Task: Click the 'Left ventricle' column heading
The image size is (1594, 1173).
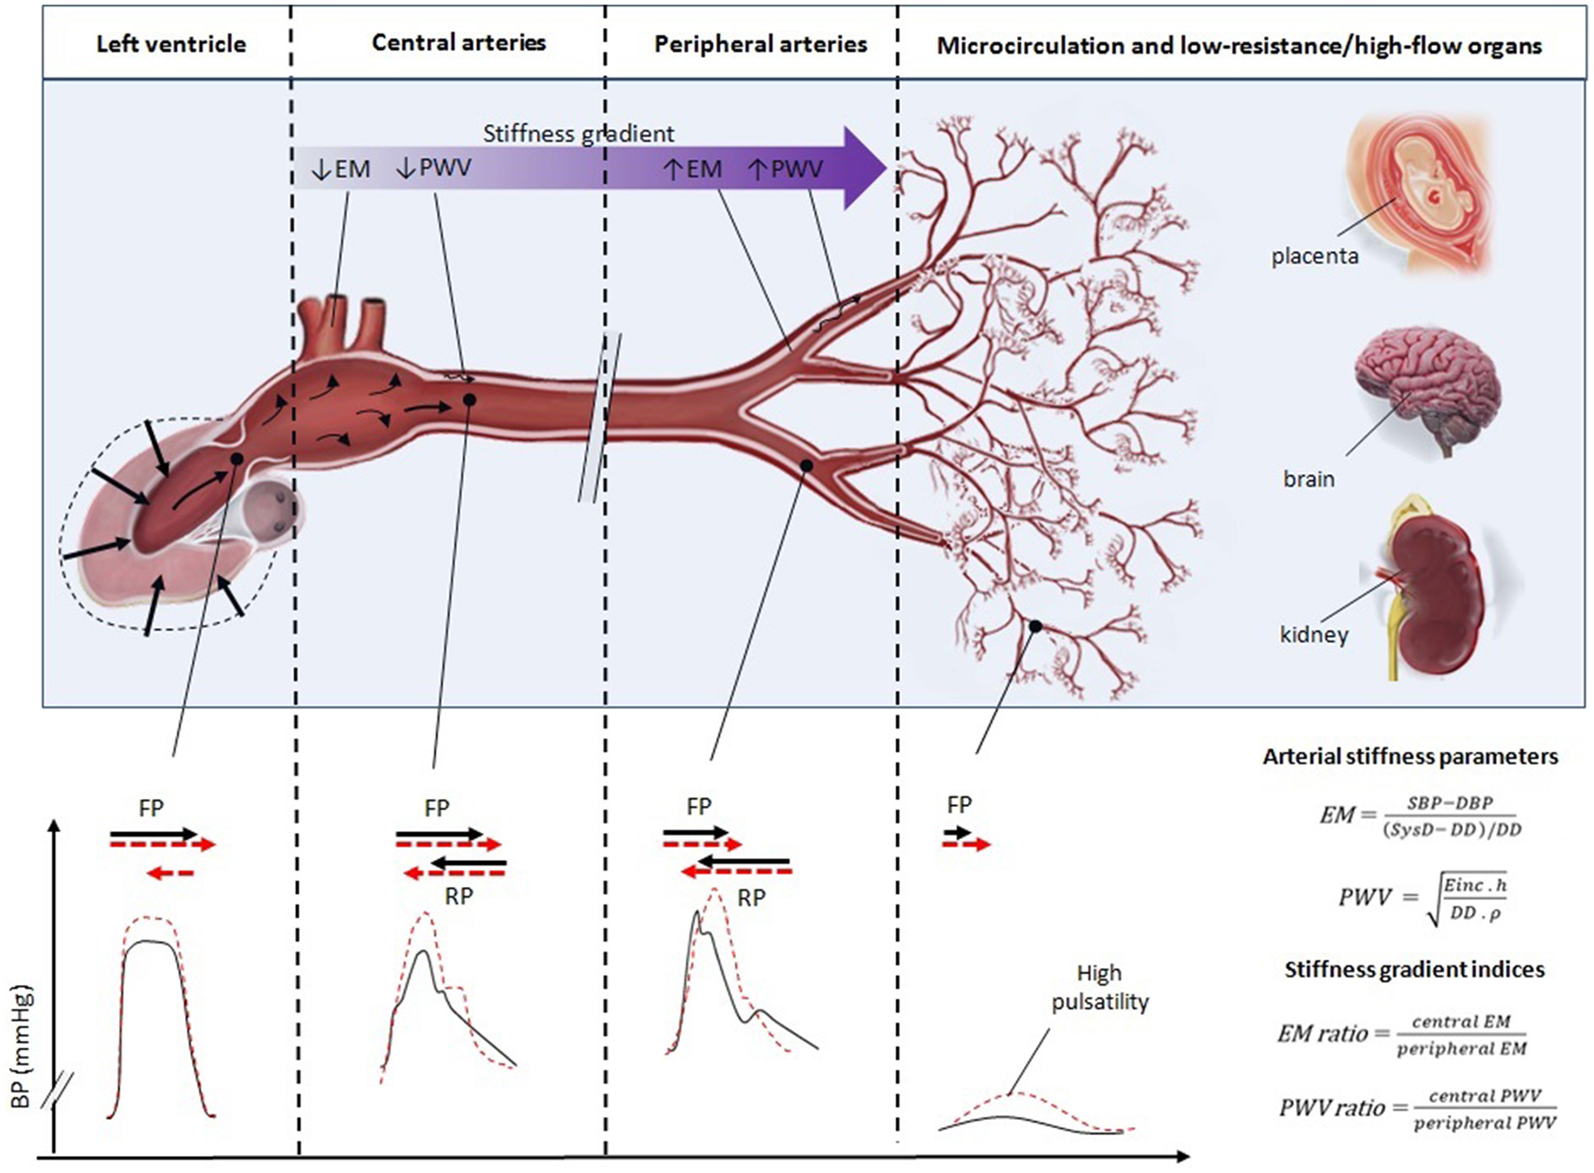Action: click(x=171, y=44)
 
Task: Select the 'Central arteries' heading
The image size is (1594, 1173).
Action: click(x=459, y=42)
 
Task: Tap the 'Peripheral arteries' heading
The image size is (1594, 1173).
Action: click(x=761, y=44)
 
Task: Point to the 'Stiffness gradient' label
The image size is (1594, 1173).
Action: click(x=578, y=134)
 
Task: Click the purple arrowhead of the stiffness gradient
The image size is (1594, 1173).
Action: click(x=865, y=168)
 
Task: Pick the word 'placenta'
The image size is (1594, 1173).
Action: click(x=1314, y=256)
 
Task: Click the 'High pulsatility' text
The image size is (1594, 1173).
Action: click(x=1099, y=988)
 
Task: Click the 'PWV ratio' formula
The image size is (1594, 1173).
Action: click(x=1418, y=1108)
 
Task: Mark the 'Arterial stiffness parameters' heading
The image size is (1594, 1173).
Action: click(x=1410, y=757)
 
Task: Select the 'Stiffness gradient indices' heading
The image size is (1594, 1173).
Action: click(x=1414, y=969)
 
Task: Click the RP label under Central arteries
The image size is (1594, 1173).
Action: click(x=459, y=896)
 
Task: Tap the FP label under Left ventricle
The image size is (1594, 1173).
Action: click(x=151, y=808)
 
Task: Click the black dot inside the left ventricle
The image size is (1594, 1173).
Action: click(x=237, y=459)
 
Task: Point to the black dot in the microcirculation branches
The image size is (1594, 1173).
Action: click(x=1035, y=626)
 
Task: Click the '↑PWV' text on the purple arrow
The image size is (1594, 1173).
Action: click(x=785, y=168)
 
